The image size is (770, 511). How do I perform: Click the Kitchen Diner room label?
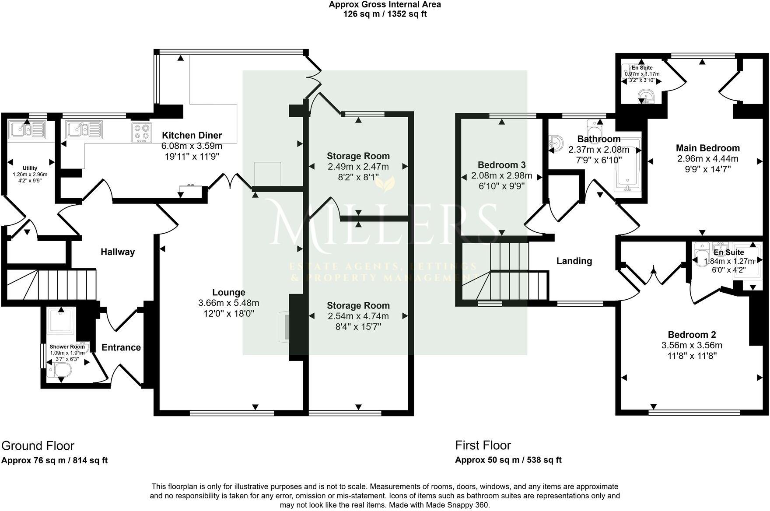click(x=192, y=135)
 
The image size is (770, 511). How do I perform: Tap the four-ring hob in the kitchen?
click(x=141, y=133)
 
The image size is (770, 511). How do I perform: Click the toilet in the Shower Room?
click(x=59, y=371)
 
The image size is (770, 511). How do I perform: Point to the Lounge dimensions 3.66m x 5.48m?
click(x=228, y=303)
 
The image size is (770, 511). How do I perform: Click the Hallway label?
click(x=118, y=252)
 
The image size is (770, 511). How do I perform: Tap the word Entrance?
click(x=121, y=347)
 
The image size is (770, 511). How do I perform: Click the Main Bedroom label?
click(x=707, y=148)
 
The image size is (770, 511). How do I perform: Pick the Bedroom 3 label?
click(x=501, y=165)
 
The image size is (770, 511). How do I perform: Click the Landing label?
click(x=574, y=261)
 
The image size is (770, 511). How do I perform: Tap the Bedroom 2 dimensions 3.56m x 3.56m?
click(x=692, y=345)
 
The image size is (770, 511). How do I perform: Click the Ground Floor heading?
click(x=38, y=446)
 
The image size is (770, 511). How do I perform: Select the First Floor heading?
click(x=483, y=445)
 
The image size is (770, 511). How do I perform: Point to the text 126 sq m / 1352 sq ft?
click(x=385, y=14)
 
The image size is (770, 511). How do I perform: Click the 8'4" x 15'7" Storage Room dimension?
click(x=358, y=326)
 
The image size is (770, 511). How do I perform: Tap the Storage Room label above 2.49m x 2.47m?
click(x=358, y=156)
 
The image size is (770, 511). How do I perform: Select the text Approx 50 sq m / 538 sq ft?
click(x=508, y=460)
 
